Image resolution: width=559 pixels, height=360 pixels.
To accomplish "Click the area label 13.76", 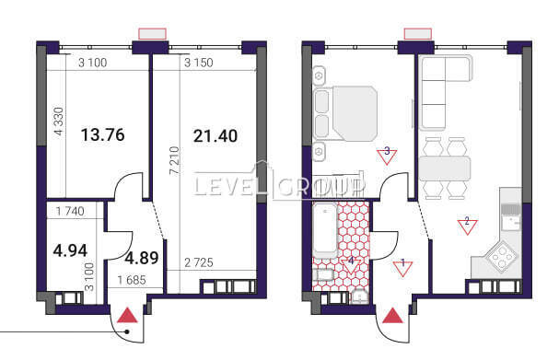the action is pos(102,134).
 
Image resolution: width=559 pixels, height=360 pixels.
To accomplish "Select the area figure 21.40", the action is pos(215,135).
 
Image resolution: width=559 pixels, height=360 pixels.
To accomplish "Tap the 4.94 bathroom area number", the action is pos(70,250).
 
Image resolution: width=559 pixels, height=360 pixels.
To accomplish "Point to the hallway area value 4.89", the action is pos(141,258).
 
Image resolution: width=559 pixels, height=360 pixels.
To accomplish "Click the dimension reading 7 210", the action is pos(174,160).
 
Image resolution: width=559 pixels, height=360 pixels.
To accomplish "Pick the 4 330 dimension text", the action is pos(58,122).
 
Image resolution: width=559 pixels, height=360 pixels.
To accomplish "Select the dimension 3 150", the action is pos(199,63).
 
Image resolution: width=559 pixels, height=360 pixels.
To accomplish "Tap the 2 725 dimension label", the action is pos(199,262).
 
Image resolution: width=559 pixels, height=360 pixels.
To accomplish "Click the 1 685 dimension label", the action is pos(132,280).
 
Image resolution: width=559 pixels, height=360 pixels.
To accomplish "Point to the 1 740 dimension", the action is pos(70,212).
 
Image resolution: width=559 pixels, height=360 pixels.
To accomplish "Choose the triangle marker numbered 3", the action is pos(387,157).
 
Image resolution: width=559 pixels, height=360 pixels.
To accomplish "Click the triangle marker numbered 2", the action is pos(467,226).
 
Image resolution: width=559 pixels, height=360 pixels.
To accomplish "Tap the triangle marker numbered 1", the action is pos(402,268).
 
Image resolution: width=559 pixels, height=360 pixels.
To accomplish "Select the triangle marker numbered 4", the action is pos(351,266).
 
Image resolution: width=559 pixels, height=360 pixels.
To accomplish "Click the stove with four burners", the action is pos(502,254).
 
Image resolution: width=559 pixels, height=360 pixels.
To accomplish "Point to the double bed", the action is pos(345,113).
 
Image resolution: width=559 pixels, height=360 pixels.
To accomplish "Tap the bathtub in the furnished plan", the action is pos(325,230).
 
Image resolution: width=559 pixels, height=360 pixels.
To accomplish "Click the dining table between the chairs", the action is pos(445,168).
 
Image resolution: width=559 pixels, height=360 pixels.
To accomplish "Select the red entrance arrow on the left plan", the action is pos(127,316).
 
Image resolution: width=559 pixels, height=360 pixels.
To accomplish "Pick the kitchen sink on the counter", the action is pos(511,217).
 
